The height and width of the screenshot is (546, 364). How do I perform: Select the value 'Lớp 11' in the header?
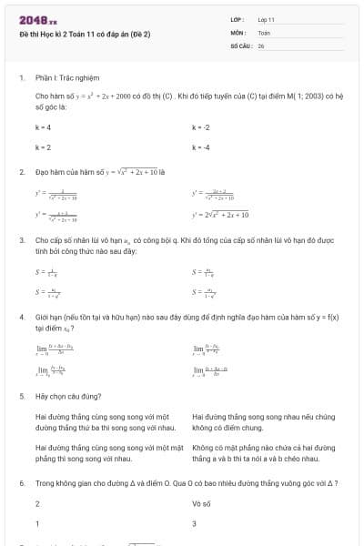point(267,19)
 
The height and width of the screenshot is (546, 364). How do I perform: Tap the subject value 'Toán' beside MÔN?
point(264,32)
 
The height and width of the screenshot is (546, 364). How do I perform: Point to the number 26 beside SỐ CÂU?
point(261,45)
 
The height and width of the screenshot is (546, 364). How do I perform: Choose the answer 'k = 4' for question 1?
point(43,127)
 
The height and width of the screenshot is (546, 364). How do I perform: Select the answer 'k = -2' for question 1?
point(201,127)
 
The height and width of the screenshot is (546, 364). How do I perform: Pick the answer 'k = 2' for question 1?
point(43,147)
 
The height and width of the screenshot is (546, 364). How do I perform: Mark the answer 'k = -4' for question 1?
point(201,147)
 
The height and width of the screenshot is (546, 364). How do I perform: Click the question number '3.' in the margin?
point(21,240)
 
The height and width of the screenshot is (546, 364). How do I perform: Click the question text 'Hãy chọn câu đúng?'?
point(69,397)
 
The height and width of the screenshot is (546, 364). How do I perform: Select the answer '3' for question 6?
point(194,523)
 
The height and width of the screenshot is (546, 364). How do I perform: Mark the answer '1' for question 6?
point(37,523)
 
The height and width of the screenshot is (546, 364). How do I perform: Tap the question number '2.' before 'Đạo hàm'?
point(21,170)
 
